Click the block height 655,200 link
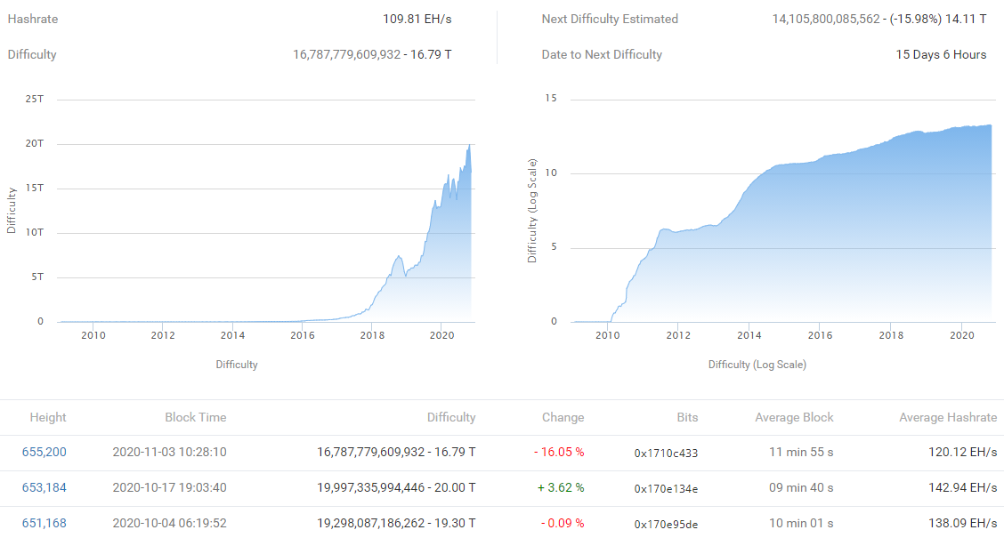pyautogui.click(x=44, y=452)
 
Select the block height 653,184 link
pyautogui.click(x=44, y=487)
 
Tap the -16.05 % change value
pyautogui.click(x=559, y=452)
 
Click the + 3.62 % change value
pyautogui.click(x=559, y=487)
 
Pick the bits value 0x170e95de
pyautogui.click(x=666, y=524)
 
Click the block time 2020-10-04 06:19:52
pyautogui.click(x=169, y=523)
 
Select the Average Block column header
pyautogui.click(x=794, y=417)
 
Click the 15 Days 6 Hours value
pyautogui.click(x=941, y=54)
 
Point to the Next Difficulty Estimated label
pyautogui.click(x=610, y=19)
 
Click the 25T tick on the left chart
pyautogui.click(x=34, y=99)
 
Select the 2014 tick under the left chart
pyautogui.click(x=232, y=335)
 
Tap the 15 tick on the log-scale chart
pyautogui.click(x=550, y=99)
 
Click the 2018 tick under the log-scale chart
pyautogui.click(x=891, y=335)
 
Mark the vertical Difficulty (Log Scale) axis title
pyautogui.click(x=532, y=211)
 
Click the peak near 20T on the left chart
pyautogui.click(x=469, y=145)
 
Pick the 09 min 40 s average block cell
pyautogui.click(x=801, y=487)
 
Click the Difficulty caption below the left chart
pyautogui.click(x=236, y=364)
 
